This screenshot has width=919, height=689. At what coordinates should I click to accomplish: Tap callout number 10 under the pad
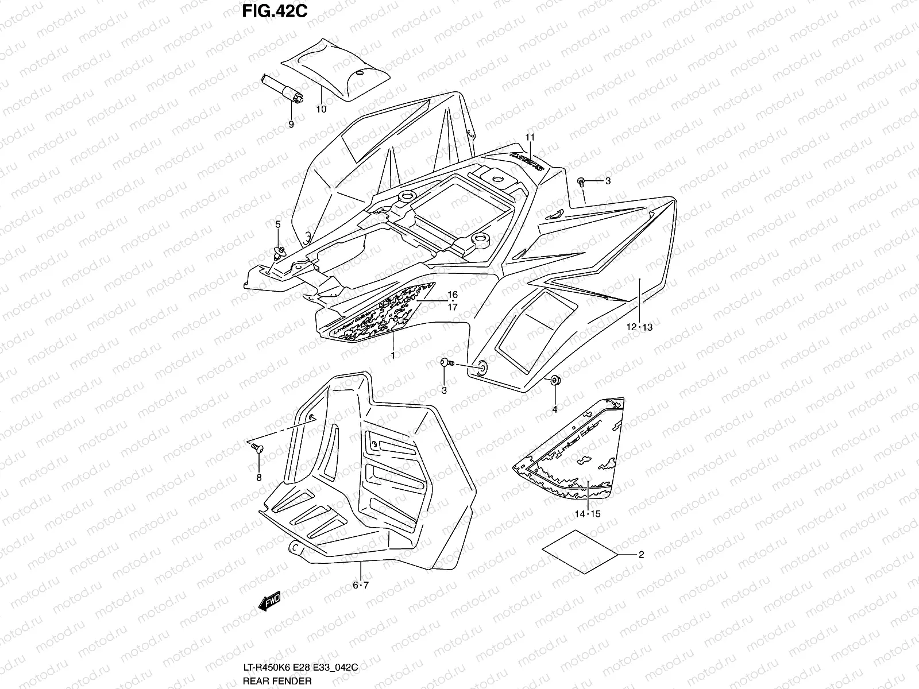(321, 109)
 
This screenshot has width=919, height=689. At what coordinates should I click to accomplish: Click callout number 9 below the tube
(291, 124)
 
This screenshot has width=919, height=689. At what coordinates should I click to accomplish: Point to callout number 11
(530, 137)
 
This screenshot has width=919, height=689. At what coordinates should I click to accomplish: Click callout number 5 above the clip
(278, 224)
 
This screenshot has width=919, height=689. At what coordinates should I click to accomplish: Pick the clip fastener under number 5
(279, 250)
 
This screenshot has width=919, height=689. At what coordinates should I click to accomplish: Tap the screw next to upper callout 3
(581, 182)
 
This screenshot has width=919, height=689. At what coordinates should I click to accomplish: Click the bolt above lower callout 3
(446, 362)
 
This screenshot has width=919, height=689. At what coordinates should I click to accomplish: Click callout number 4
(555, 409)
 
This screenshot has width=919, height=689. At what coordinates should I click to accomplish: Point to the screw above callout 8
(257, 448)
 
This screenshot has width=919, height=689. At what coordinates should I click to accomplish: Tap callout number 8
(258, 477)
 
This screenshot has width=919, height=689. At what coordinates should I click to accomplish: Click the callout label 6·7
(360, 585)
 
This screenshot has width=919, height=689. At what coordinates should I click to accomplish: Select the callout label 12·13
(639, 327)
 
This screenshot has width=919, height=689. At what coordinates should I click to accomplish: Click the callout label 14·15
(587, 514)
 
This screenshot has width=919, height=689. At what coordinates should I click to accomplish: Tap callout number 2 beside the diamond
(641, 555)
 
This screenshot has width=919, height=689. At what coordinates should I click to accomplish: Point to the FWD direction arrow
(269, 600)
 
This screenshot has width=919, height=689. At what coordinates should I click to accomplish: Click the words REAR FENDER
(277, 681)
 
